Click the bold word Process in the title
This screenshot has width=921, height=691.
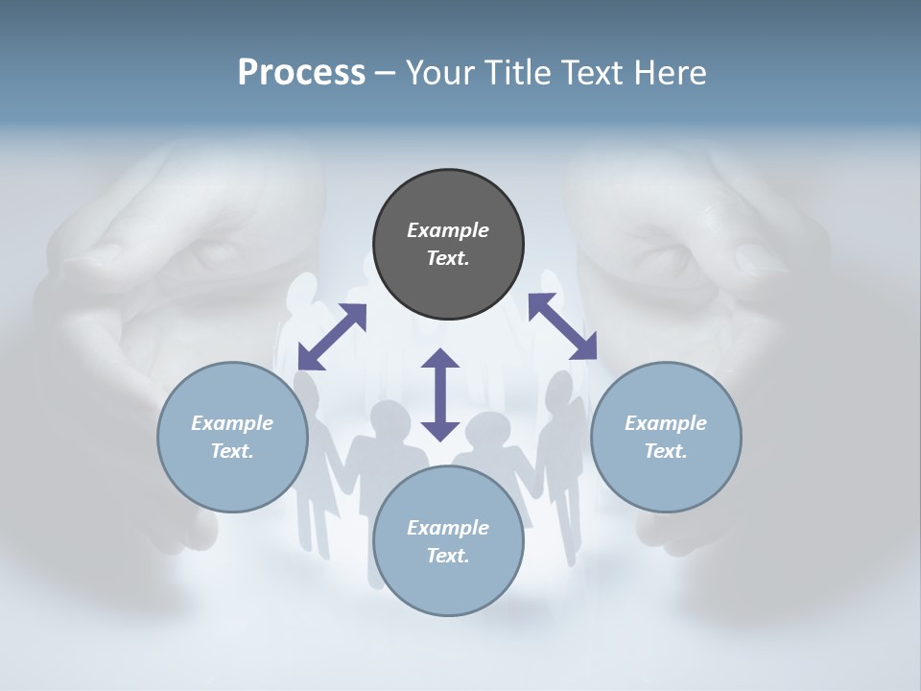tap(301, 73)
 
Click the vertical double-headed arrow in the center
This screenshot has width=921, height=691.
tap(440, 394)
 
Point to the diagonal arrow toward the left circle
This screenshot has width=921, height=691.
tap(332, 337)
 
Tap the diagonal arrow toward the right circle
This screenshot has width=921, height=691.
tap(562, 327)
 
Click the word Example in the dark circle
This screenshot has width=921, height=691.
tap(448, 230)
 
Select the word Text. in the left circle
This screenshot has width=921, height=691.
tap(232, 451)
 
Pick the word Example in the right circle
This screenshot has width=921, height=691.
tap(666, 423)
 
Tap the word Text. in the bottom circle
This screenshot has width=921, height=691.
tap(448, 556)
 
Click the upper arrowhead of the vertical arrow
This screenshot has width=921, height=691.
tap(440, 359)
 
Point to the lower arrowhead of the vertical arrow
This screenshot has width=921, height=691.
tap(440, 430)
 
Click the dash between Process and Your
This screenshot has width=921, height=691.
tap(385, 73)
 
